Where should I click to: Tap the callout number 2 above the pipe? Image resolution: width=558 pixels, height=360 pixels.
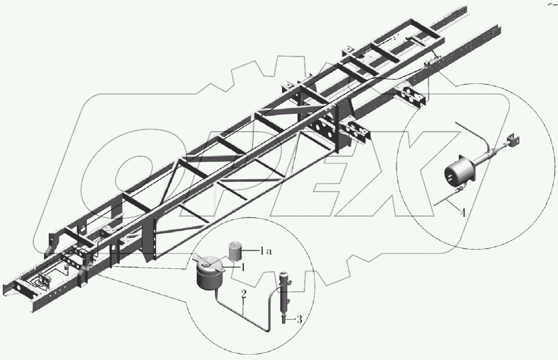(244, 295)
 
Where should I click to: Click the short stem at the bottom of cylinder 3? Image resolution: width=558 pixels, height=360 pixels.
(285, 320)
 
